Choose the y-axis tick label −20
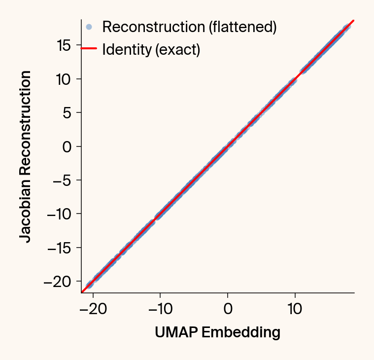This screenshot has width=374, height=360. (59, 282)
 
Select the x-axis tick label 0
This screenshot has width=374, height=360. (228, 310)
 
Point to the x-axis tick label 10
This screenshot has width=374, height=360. (295, 310)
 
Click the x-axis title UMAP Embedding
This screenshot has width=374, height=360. (217, 333)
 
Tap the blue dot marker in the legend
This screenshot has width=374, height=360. (89, 27)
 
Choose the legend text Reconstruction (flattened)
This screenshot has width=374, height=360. (189, 27)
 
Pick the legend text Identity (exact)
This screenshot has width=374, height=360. (151, 50)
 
